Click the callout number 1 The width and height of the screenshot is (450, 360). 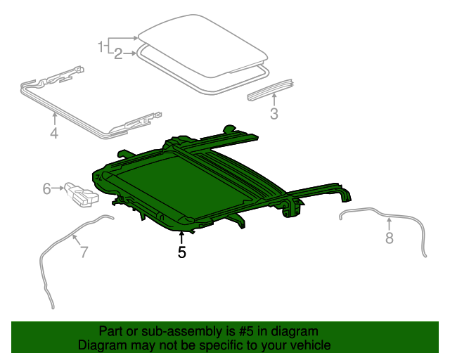tap(101, 46)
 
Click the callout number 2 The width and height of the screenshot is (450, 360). tap(118, 53)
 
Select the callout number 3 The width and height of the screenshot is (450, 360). tap(274, 114)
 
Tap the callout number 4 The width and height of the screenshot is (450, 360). tap(54, 131)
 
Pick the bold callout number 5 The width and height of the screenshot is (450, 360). tap(181, 252)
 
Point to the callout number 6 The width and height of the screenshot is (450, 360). tap(47, 188)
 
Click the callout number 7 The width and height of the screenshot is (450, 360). tap(84, 252)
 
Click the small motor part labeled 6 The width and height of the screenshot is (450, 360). tap(80, 194)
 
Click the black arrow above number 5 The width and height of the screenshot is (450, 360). tap(181, 236)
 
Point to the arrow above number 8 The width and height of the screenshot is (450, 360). tap(390, 224)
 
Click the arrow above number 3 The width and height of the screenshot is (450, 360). tap(274, 100)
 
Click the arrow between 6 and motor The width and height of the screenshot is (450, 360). tap(58, 188)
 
